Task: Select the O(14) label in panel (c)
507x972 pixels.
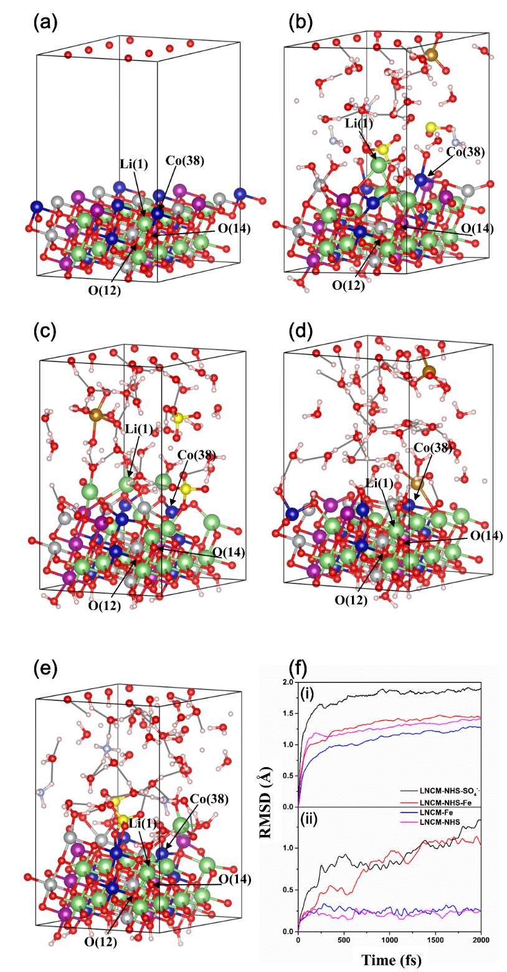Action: pos(228,552)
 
